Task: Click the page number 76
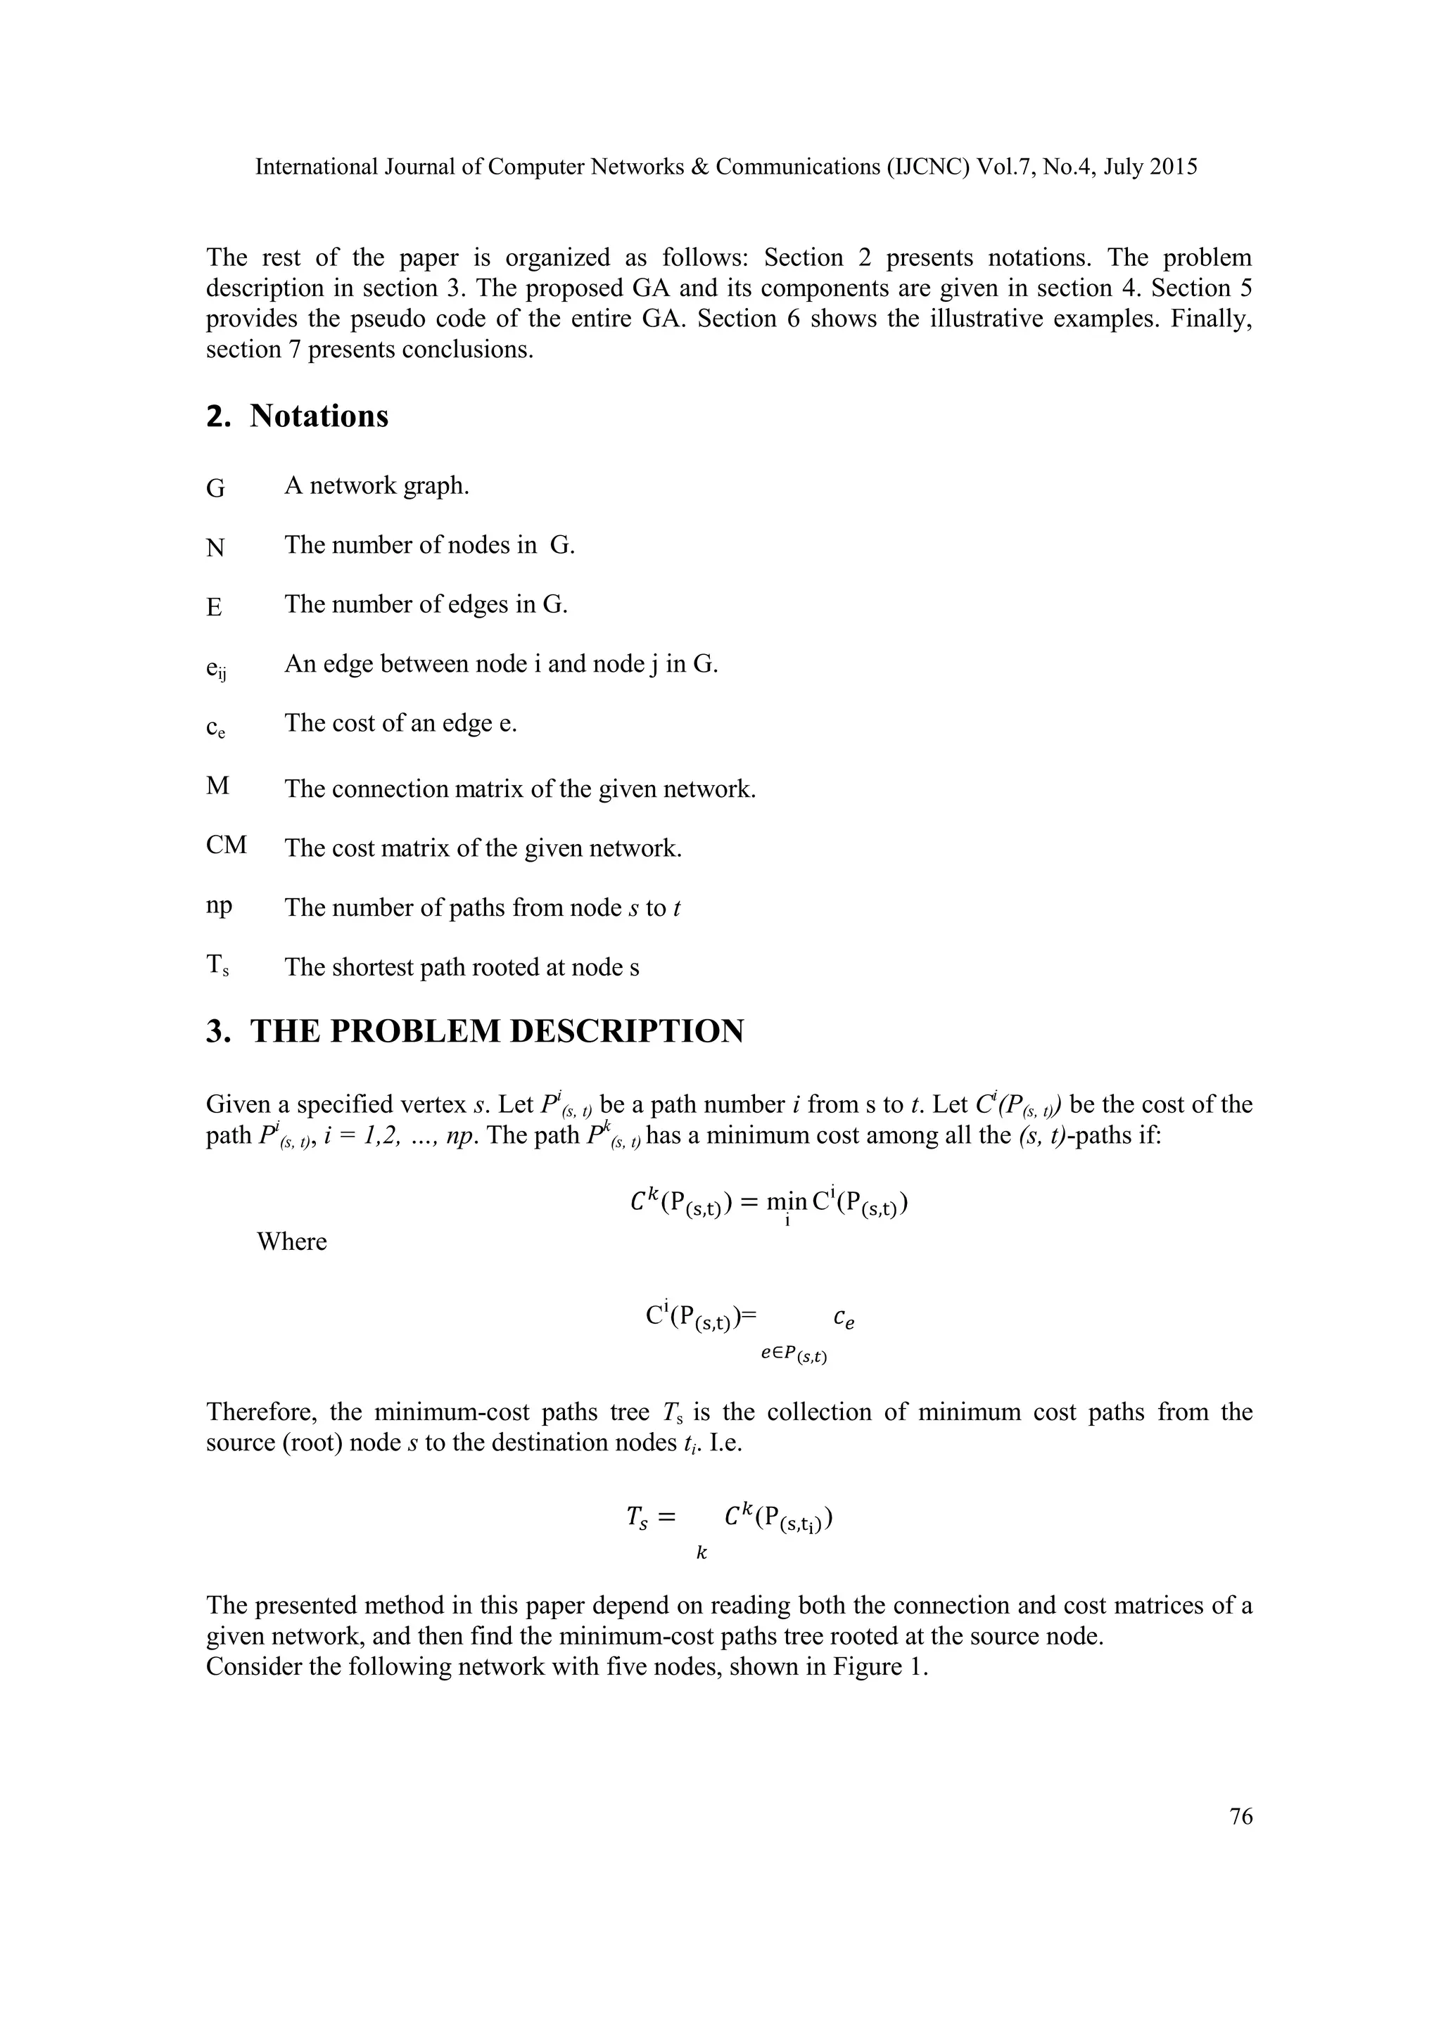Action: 1241,1816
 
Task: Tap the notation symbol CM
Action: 227,845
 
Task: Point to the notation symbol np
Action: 218,906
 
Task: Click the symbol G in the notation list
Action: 215,489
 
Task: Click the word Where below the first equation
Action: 292,1241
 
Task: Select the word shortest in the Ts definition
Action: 374,967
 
